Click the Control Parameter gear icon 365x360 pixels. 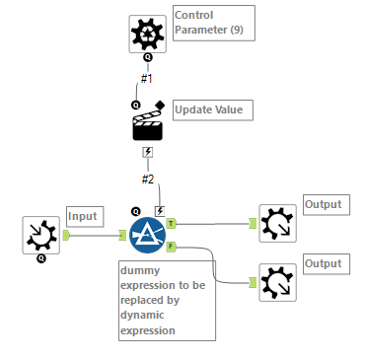148,34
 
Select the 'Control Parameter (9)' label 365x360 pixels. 212,22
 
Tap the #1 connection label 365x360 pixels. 147,79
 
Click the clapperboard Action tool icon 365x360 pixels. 148,124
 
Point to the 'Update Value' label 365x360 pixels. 208,108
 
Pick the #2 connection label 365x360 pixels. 147,179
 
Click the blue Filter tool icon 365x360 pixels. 147,232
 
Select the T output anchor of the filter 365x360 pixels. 172,223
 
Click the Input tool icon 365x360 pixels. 41,235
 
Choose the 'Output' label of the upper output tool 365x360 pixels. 323,205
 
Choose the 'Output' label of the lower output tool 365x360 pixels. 323,264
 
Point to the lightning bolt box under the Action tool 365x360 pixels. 148,152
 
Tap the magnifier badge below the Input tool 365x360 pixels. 41,259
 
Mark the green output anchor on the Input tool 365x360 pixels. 66,235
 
